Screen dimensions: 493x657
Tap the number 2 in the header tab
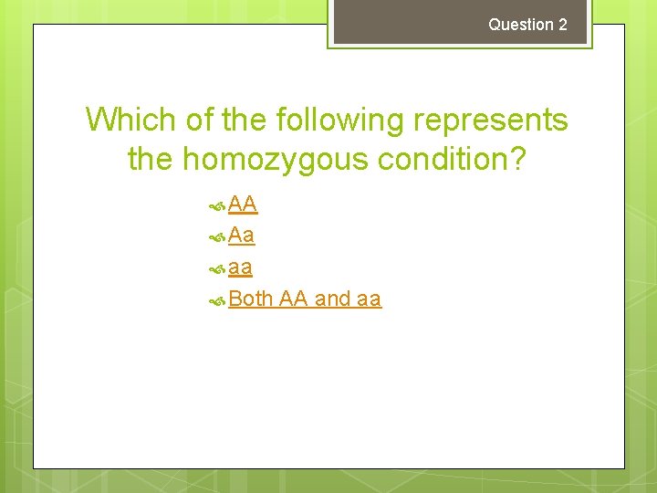(x=562, y=25)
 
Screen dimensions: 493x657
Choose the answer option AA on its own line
(x=243, y=204)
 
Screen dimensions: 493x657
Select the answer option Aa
(x=242, y=236)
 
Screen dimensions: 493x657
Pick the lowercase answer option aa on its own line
(x=241, y=267)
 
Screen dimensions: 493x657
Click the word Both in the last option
(x=251, y=299)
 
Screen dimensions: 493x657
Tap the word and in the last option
(x=332, y=299)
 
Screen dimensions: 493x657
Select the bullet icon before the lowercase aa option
(x=217, y=269)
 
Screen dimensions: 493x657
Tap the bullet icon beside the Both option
(x=217, y=300)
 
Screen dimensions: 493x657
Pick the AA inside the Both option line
(x=294, y=299)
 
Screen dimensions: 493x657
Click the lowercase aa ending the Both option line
(x=370, y=299)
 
